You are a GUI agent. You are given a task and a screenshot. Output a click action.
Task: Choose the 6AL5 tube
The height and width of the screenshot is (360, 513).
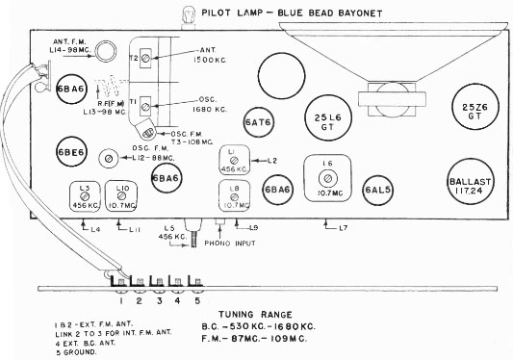[x=377, y=189]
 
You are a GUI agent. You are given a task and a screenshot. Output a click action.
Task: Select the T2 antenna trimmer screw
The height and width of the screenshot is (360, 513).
[x=145, y=59]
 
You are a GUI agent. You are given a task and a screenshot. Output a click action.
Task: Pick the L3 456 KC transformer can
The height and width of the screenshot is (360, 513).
[x=84, y=196]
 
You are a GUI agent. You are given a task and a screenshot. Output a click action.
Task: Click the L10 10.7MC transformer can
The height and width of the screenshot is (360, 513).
[x=122, y=196]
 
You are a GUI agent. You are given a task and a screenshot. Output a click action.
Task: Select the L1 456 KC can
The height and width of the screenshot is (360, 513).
[x=233, y=160]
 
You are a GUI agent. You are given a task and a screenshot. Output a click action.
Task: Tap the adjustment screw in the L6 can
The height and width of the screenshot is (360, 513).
[x=328, y=179]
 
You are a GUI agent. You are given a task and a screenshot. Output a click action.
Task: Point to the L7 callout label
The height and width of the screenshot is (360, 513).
[x=342, y=227]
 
